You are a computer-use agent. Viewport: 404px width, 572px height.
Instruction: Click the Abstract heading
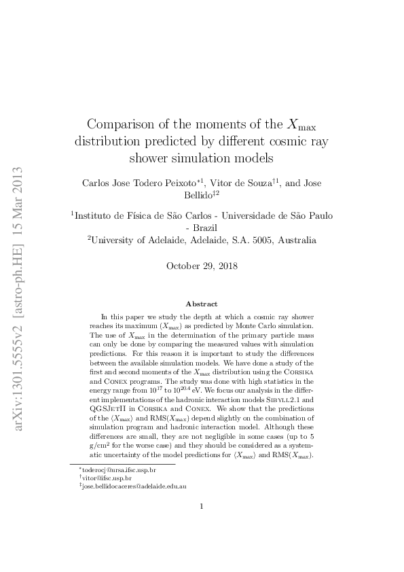pos(201,304)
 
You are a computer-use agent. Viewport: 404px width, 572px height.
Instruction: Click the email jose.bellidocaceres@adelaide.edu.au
pos(134,487)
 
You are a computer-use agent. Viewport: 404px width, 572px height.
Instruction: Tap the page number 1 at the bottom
pos(202,525)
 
